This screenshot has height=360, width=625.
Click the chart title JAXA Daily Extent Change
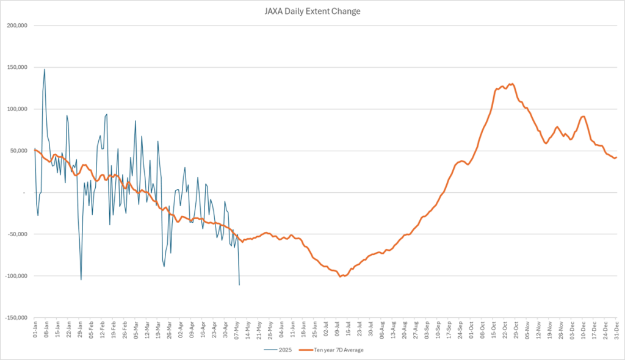pos(312,11)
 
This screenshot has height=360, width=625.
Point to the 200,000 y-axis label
pos(17,26)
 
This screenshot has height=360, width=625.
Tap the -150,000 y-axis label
pos(16,318)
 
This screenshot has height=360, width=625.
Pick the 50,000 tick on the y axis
pos(19,151)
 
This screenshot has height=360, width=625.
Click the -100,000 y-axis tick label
pos(16,276)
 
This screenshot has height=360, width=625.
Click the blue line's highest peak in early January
pos(45,69)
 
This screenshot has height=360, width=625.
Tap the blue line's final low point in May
pos(239,285)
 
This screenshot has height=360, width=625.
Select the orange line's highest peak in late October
pos(511,84)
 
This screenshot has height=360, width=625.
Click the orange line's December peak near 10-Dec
pos(583,117)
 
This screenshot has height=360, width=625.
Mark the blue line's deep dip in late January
pos(81,279)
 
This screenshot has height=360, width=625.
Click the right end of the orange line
pos(616,157)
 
